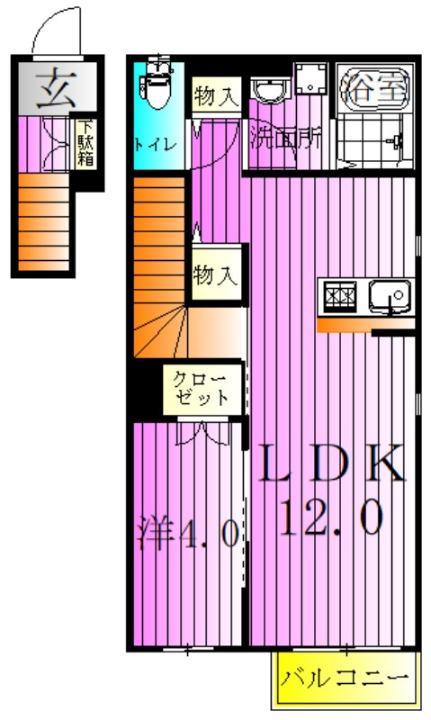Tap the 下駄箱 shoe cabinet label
pos(86,144)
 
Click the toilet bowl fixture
pos(157,86)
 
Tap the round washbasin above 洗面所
pos(267,91)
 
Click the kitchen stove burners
pos(340,294)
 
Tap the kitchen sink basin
pos(389,294)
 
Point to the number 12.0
pos(330,517)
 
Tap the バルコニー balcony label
pos(346,677)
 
